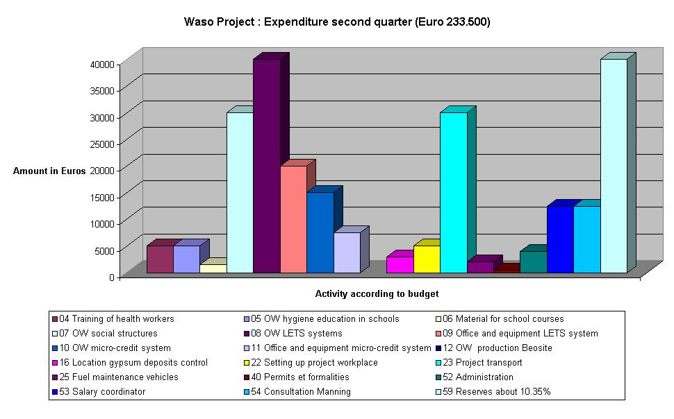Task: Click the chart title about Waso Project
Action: [x=336, y=22]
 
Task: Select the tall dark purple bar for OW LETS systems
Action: [x=266, y=166]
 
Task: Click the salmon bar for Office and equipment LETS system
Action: [x=293, y=219]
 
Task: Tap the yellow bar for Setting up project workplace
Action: [x=427, y=259]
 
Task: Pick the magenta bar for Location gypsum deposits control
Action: [x=400, y=264]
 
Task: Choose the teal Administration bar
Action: [x=533, y=262]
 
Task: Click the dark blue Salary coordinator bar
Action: [x=559, y=239]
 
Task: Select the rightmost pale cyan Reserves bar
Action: [x=613, y=166]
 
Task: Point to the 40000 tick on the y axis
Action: [x=103, y=64]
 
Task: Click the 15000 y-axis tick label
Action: [x=103, y=197]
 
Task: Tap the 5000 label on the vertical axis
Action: [x=105, y=250]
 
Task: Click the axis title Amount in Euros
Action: [x=49, y=171]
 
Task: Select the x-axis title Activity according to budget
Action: [x=377, y=293]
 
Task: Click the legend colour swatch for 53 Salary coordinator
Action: [x=55, y=392]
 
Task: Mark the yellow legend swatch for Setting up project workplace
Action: [x=243, y=363]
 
